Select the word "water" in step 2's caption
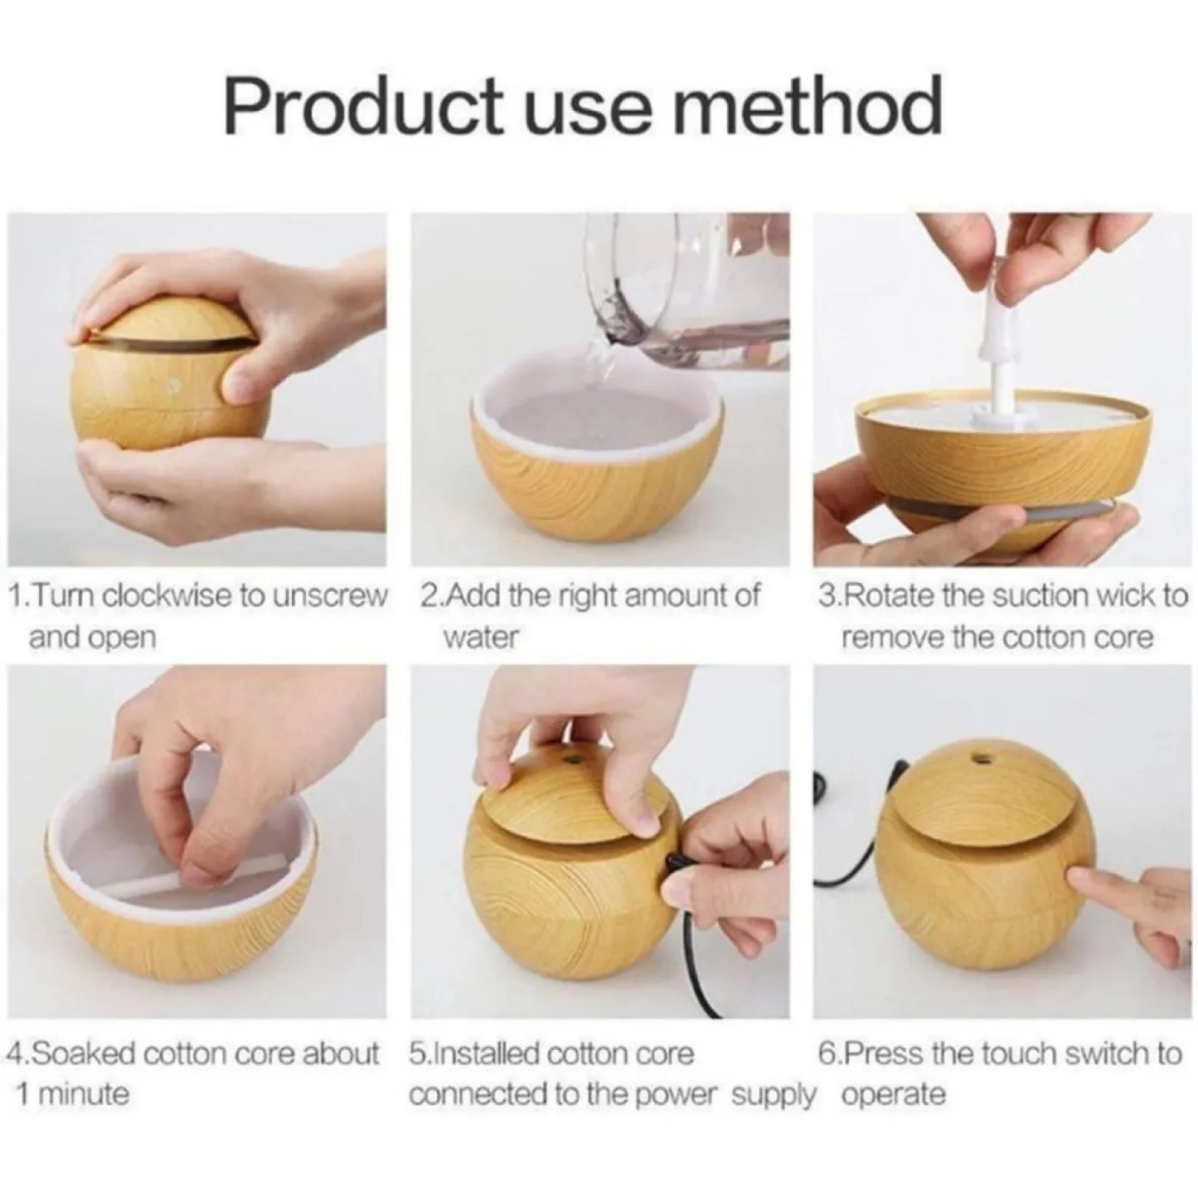480,638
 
